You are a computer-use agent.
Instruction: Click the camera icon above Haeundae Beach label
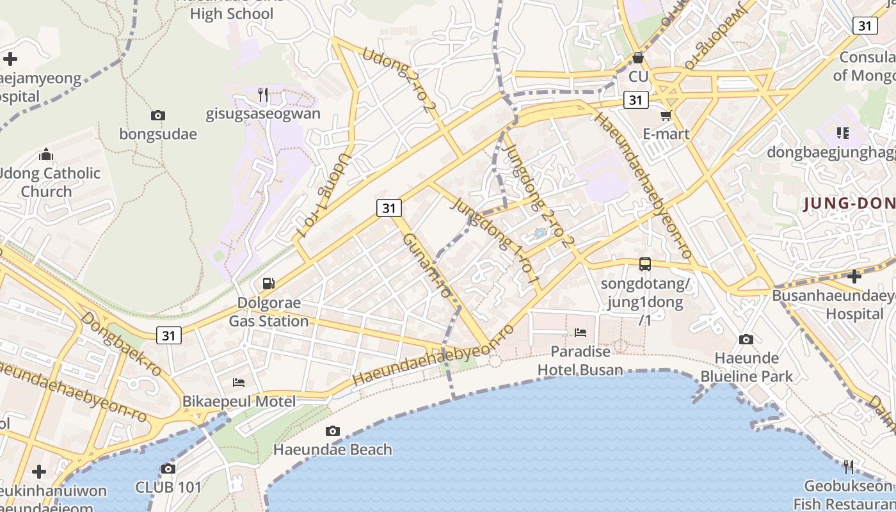(x=332, y=431)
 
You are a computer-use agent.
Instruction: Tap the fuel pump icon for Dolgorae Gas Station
(x=269, y=284)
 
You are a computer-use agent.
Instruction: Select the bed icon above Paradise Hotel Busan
(x=580, y=332)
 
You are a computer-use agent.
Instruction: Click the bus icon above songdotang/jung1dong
(x=645, y=264)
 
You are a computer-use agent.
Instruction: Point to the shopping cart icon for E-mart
(x=666, y=116)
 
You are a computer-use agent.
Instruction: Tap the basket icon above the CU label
(x=637, y=58)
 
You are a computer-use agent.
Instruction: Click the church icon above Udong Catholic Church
(x=46, y=155)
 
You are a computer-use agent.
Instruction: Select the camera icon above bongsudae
(x=157, y=116)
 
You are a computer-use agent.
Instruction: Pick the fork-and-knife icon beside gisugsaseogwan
(x=262, y=95)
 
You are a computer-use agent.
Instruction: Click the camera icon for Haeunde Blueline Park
(x=746, y=340)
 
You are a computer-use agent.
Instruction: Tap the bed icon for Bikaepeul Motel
(x=239, y=383)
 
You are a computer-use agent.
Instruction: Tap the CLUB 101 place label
(x=168, y=487)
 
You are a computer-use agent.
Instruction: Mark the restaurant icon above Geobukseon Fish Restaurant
(x=848, y=465)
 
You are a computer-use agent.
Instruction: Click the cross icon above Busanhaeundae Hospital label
(x=854, y=276)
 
